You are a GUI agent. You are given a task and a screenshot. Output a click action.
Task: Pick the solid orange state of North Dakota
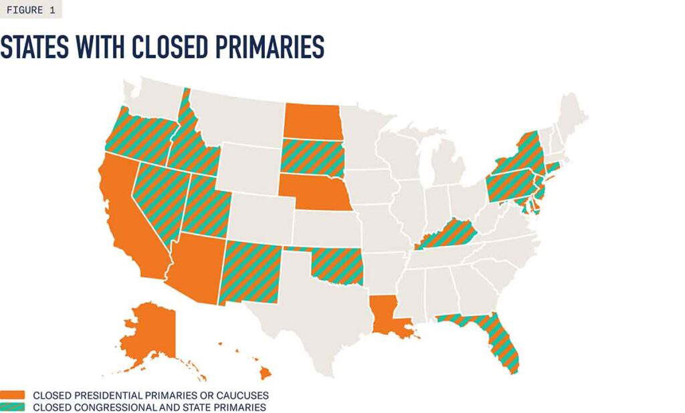(312, 121)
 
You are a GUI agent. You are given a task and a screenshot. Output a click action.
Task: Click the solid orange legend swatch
(13, 396)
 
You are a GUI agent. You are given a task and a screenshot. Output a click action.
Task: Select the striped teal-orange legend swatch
(13, 407)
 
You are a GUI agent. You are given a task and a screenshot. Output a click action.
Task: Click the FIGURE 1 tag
(31, 9)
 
